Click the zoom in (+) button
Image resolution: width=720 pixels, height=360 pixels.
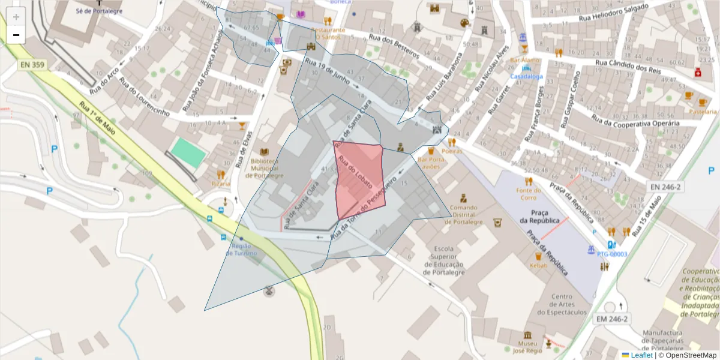pos(16,17)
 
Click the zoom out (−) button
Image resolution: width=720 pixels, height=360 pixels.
pos(16,35)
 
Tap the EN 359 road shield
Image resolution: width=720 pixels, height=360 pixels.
pos(32,64)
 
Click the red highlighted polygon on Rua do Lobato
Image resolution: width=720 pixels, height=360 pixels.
pos(359,180)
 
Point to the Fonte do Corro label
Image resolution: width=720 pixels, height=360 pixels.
pos(528,194)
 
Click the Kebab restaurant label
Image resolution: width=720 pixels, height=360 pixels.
pos(539,265)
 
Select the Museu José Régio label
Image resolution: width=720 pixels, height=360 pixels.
pos(527,347)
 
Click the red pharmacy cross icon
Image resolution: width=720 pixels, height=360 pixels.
pos(698,73)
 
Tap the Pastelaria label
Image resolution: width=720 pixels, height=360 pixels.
pos(703,112)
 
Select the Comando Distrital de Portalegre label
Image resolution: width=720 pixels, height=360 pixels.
pos(463,215)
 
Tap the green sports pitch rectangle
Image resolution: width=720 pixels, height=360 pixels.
pos(188,152)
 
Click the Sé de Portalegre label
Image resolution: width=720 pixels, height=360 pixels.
pos(99,11)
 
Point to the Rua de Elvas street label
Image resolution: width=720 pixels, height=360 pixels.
pos(242,150)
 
